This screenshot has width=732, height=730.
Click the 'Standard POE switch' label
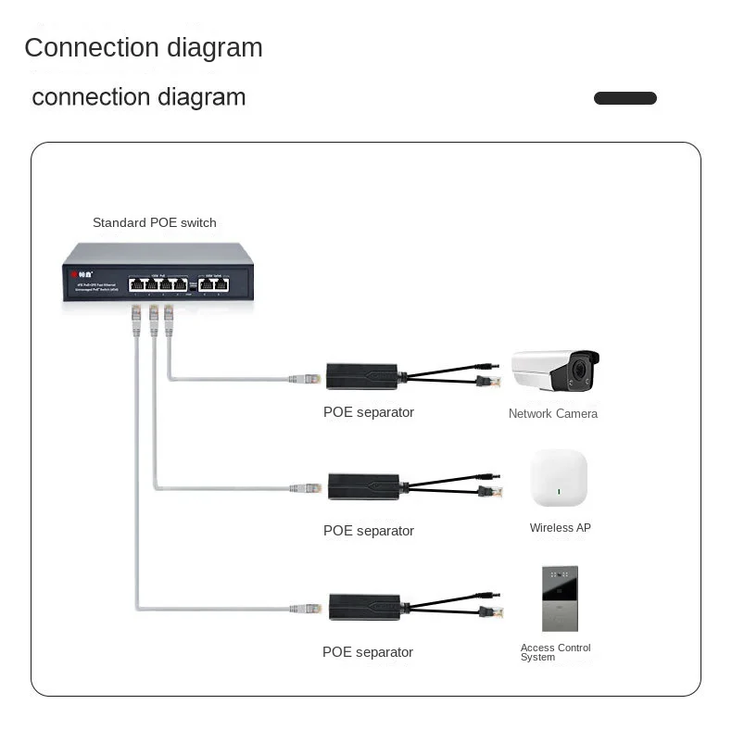coord(155,222)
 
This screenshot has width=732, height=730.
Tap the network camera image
coord(556,371)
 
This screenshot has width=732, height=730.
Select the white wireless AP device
coord(559,478)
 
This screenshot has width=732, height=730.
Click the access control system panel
coord(560,598)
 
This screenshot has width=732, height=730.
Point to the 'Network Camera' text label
coord(553,414)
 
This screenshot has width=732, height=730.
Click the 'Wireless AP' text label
coord(560,528)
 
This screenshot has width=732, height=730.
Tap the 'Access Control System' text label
coord(555,652)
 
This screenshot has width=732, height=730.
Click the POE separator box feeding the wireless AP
coord(364,486)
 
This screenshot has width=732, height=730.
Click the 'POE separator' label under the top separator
coord(369,412)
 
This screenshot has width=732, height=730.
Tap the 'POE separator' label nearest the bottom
coord(368,652)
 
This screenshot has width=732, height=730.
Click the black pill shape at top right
coord(625,98)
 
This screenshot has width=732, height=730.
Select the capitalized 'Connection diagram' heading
coord(144,48)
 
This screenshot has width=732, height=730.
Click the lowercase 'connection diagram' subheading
coord(139,97)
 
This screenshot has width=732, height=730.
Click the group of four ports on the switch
coord(158,283)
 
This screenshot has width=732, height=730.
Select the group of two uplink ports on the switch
coord(215,284)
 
